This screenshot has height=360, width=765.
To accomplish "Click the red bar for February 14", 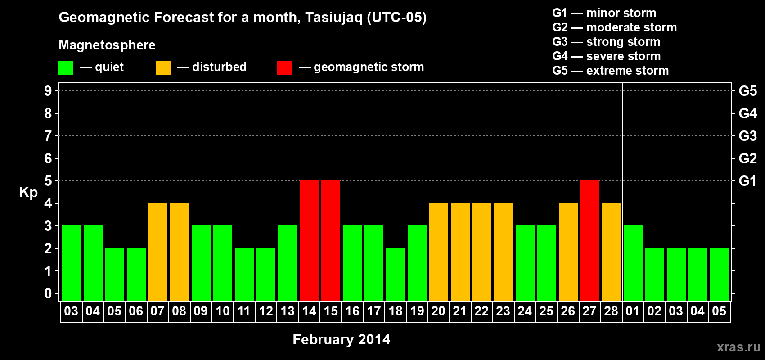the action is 309,240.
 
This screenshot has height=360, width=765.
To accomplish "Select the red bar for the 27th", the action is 590,240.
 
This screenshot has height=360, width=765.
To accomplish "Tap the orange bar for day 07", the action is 158,252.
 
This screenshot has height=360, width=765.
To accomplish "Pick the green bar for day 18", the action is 396,274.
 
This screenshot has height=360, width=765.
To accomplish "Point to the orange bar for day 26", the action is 568,252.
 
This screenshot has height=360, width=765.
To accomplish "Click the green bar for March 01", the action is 633,263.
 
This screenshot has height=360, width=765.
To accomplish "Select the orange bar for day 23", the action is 504,252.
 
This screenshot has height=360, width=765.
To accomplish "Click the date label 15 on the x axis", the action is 331,311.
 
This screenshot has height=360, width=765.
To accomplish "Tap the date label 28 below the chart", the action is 611,311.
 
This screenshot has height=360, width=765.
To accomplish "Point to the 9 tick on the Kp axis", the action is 48,91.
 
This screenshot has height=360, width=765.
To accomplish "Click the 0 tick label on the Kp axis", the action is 48,293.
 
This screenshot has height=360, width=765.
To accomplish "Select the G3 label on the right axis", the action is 748,136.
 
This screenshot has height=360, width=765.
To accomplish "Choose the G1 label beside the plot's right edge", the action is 748,181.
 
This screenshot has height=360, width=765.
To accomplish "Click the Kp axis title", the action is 28,193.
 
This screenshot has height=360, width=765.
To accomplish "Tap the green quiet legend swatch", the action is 66,67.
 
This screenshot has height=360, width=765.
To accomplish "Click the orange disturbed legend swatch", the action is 163,67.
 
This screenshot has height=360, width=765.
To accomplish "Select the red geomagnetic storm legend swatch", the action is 285,67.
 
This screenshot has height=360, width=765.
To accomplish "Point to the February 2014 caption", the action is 342,339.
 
